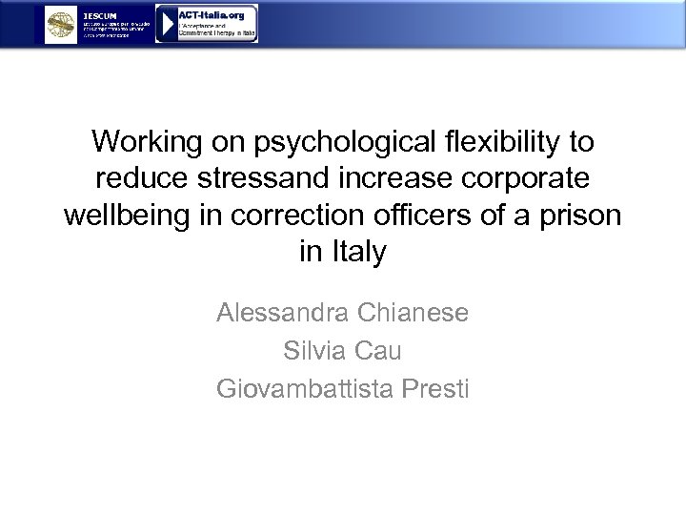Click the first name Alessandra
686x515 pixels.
tap(282, 313)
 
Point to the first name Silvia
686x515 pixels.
tap(315, 351)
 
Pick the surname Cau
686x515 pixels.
tap(379, 351)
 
